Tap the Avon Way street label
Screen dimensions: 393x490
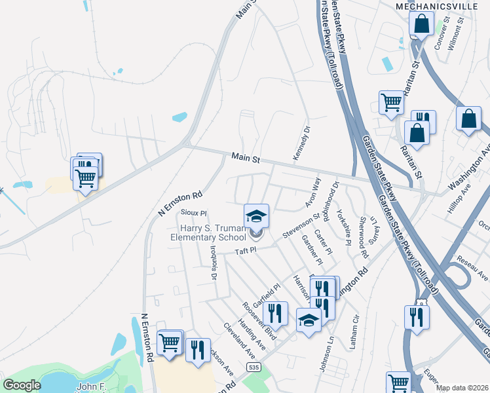pos(313,191)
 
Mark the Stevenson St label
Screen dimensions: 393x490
pos(301,224)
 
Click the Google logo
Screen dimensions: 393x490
pos(22,385)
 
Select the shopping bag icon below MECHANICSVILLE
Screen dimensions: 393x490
pos(421,24)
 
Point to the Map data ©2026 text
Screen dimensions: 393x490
pos(461,388)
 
